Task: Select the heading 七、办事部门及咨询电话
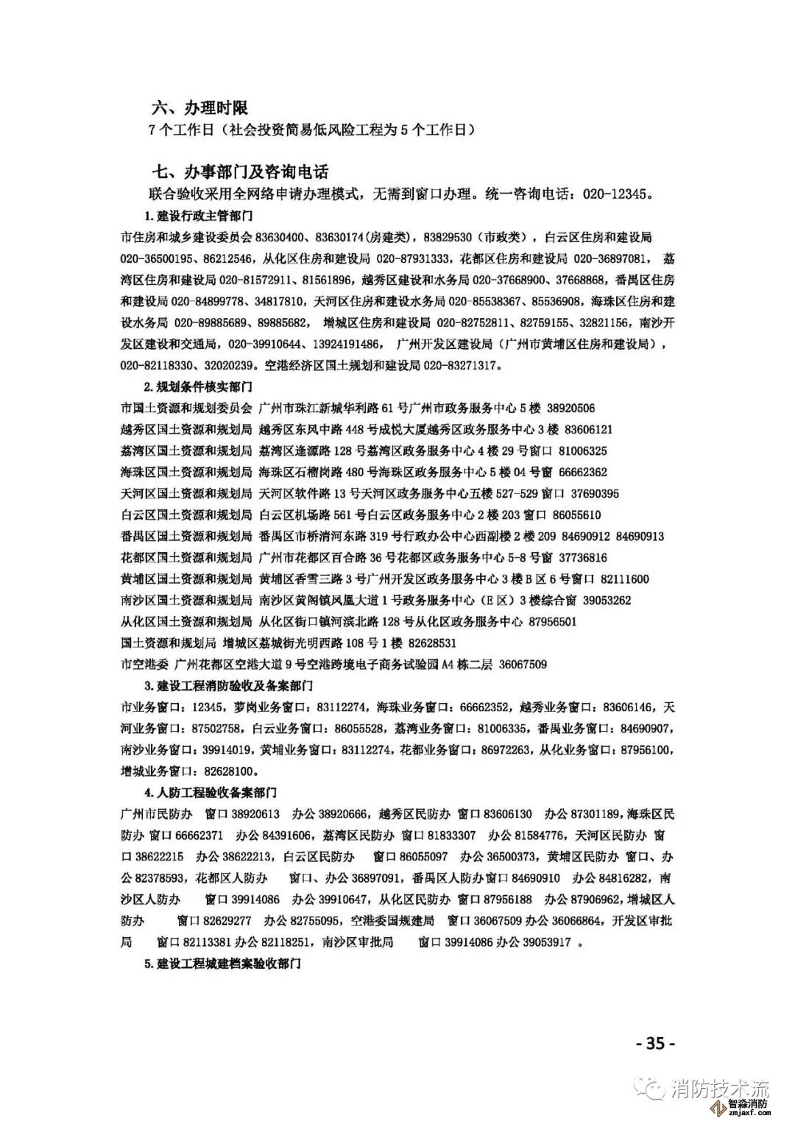click(x=239, y=172)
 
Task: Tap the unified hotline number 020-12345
click(x=616, y=194)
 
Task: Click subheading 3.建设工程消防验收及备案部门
click(x=229, y=686)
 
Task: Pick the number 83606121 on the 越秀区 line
click(x=588, y=429)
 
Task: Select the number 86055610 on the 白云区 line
click(x=576, y=515)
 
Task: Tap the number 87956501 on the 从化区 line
click(x=552, y=622)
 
